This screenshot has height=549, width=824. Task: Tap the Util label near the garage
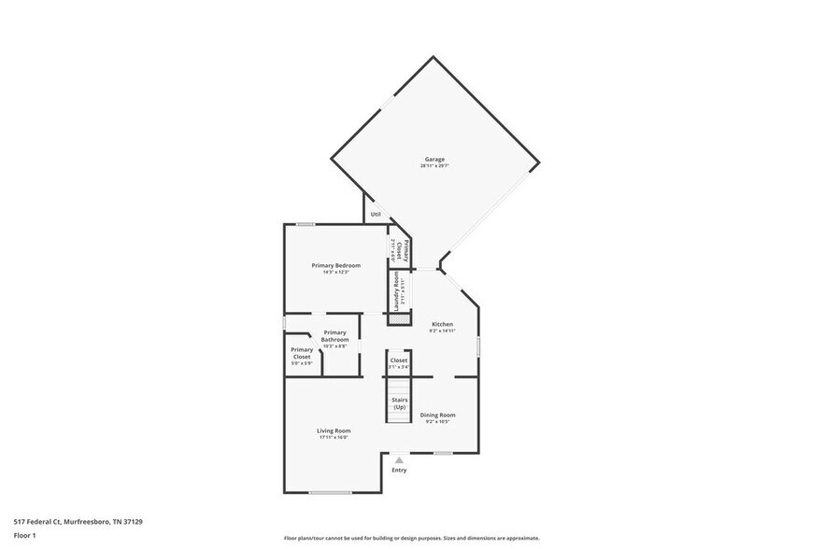click(x=375, y=214)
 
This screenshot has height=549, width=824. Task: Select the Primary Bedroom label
click(x=335, y=265)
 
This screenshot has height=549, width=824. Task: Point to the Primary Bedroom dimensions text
click(x=335, y=273)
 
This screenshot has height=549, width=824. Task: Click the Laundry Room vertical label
click(x=397, y=291)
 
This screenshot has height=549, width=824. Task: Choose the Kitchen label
click(x=442, y=324)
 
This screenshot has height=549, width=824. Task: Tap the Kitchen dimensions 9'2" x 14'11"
click(x=442, y=331)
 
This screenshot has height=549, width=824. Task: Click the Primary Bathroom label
click(x=334, y=336)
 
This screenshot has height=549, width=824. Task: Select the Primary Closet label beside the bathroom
click(x=302, y=353)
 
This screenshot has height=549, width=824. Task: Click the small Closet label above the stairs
click(x=399, y=359)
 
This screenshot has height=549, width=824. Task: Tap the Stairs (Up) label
click(x=399, y=403)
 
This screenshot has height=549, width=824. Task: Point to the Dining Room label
click(x=437, y=415)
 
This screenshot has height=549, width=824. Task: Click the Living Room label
click(x=334, y=430)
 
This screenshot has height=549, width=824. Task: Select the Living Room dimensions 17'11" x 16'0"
click(x=334, y=438)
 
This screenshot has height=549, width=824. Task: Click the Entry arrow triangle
click(x=399, y=459)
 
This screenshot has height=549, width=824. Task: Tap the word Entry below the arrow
click(x=399, y=471)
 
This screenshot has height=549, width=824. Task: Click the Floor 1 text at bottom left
click(x=24, y=535)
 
